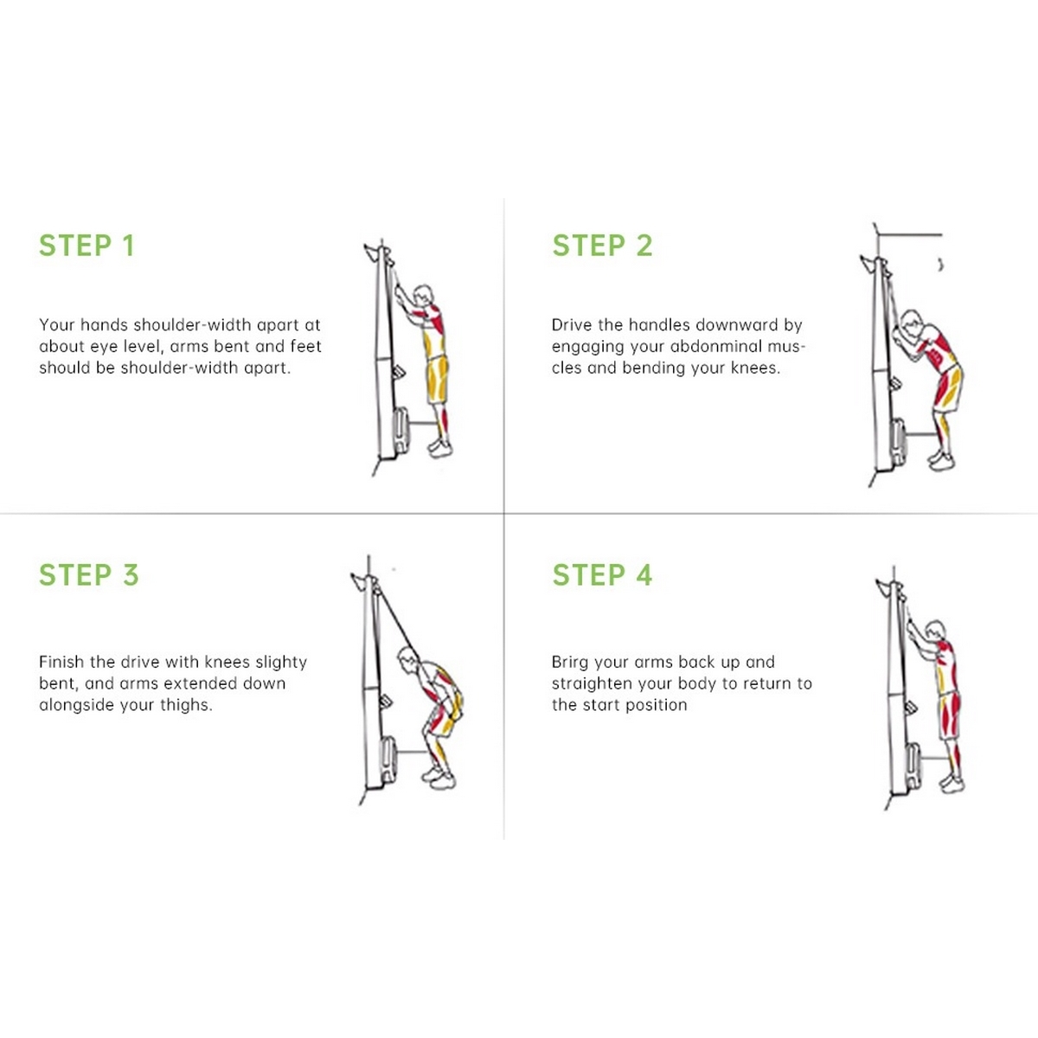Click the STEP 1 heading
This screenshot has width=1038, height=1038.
(x=86, y=246)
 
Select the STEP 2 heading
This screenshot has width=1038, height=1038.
(x=602, y=246)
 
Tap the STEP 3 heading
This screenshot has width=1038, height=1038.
(x=89, y=574)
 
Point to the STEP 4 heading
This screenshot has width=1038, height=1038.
(x=602, y=574)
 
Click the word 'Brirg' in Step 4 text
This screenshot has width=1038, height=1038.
(x=570, y=663)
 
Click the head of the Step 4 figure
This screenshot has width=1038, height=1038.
(x=935, y=631)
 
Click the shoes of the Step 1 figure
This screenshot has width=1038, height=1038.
(x=440, y=447)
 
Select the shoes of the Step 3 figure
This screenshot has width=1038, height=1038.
(x=439, y=778)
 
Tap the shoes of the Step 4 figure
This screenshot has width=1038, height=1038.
(x=951, y=784)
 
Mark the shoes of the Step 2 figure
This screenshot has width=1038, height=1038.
(x=941, y=460)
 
